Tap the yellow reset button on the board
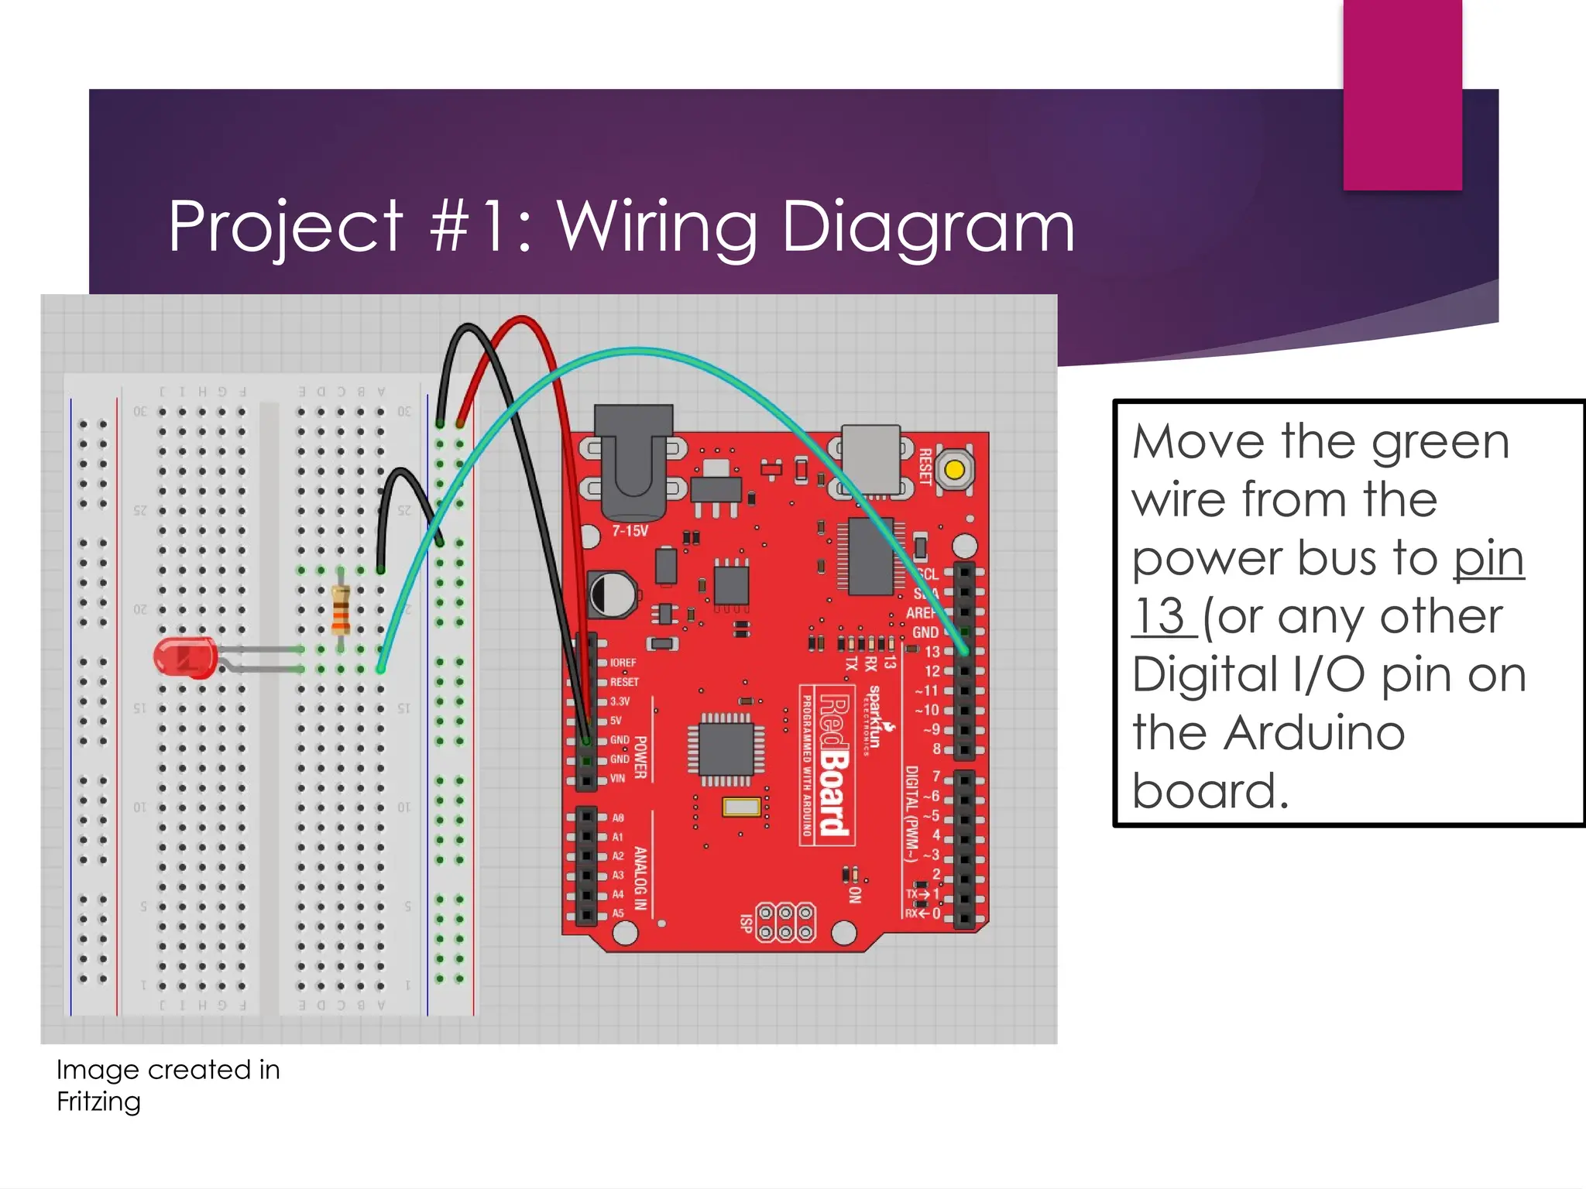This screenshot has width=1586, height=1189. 955,470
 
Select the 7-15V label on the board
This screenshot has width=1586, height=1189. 630,531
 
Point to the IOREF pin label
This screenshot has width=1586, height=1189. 623,663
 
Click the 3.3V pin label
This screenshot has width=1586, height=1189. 620,701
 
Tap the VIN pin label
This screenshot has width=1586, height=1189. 617,778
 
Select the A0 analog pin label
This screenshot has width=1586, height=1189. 618,817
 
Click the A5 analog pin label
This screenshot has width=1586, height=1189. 618,913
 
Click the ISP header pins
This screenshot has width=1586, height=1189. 785,922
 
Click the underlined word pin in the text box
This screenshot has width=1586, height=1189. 1488,559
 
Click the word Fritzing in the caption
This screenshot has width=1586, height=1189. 98,1102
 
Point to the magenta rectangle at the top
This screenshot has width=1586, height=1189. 1402,94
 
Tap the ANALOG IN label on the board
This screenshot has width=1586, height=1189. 640,878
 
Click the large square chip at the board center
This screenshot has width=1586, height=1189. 726,749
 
